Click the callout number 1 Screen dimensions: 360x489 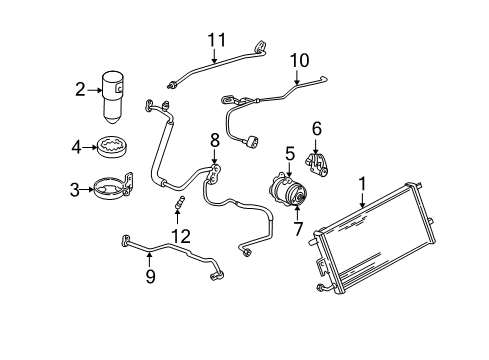coord(362,184)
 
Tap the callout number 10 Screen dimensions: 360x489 coord(295,61)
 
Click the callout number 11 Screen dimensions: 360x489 coord(211,40)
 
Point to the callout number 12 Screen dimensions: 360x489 coord(181,236)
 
